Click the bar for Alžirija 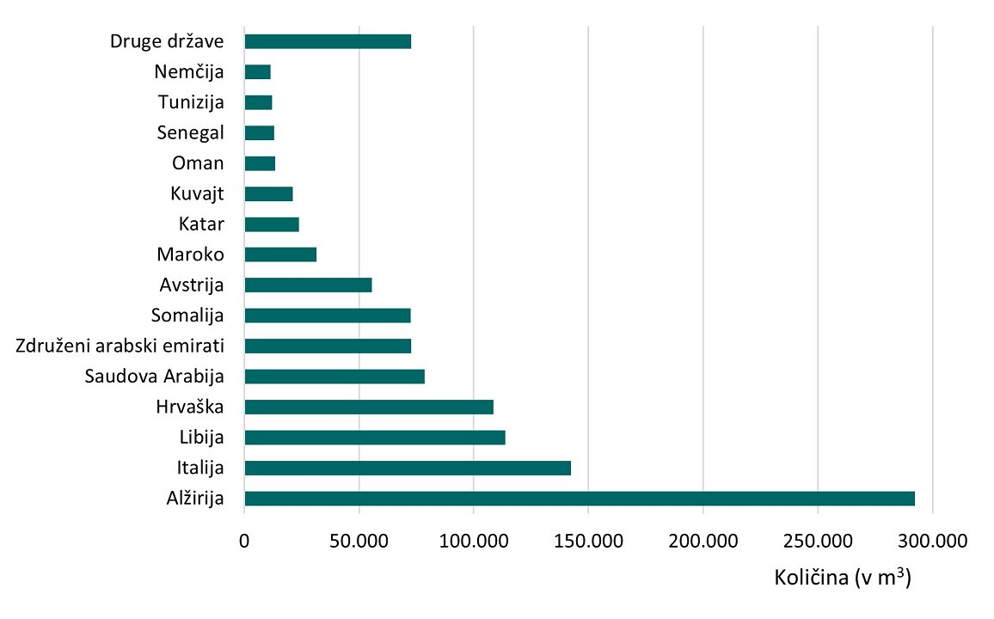580,499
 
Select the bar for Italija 408,468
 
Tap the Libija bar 375,438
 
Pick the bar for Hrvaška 369,407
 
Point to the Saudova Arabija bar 334,377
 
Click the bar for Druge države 328,41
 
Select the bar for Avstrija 308,285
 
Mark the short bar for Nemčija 258,72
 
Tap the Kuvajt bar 268,194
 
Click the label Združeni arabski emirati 120,346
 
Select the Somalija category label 187,316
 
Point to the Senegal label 191,132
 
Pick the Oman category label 198,163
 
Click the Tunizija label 191,102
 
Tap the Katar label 201,224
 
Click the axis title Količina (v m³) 843,578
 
